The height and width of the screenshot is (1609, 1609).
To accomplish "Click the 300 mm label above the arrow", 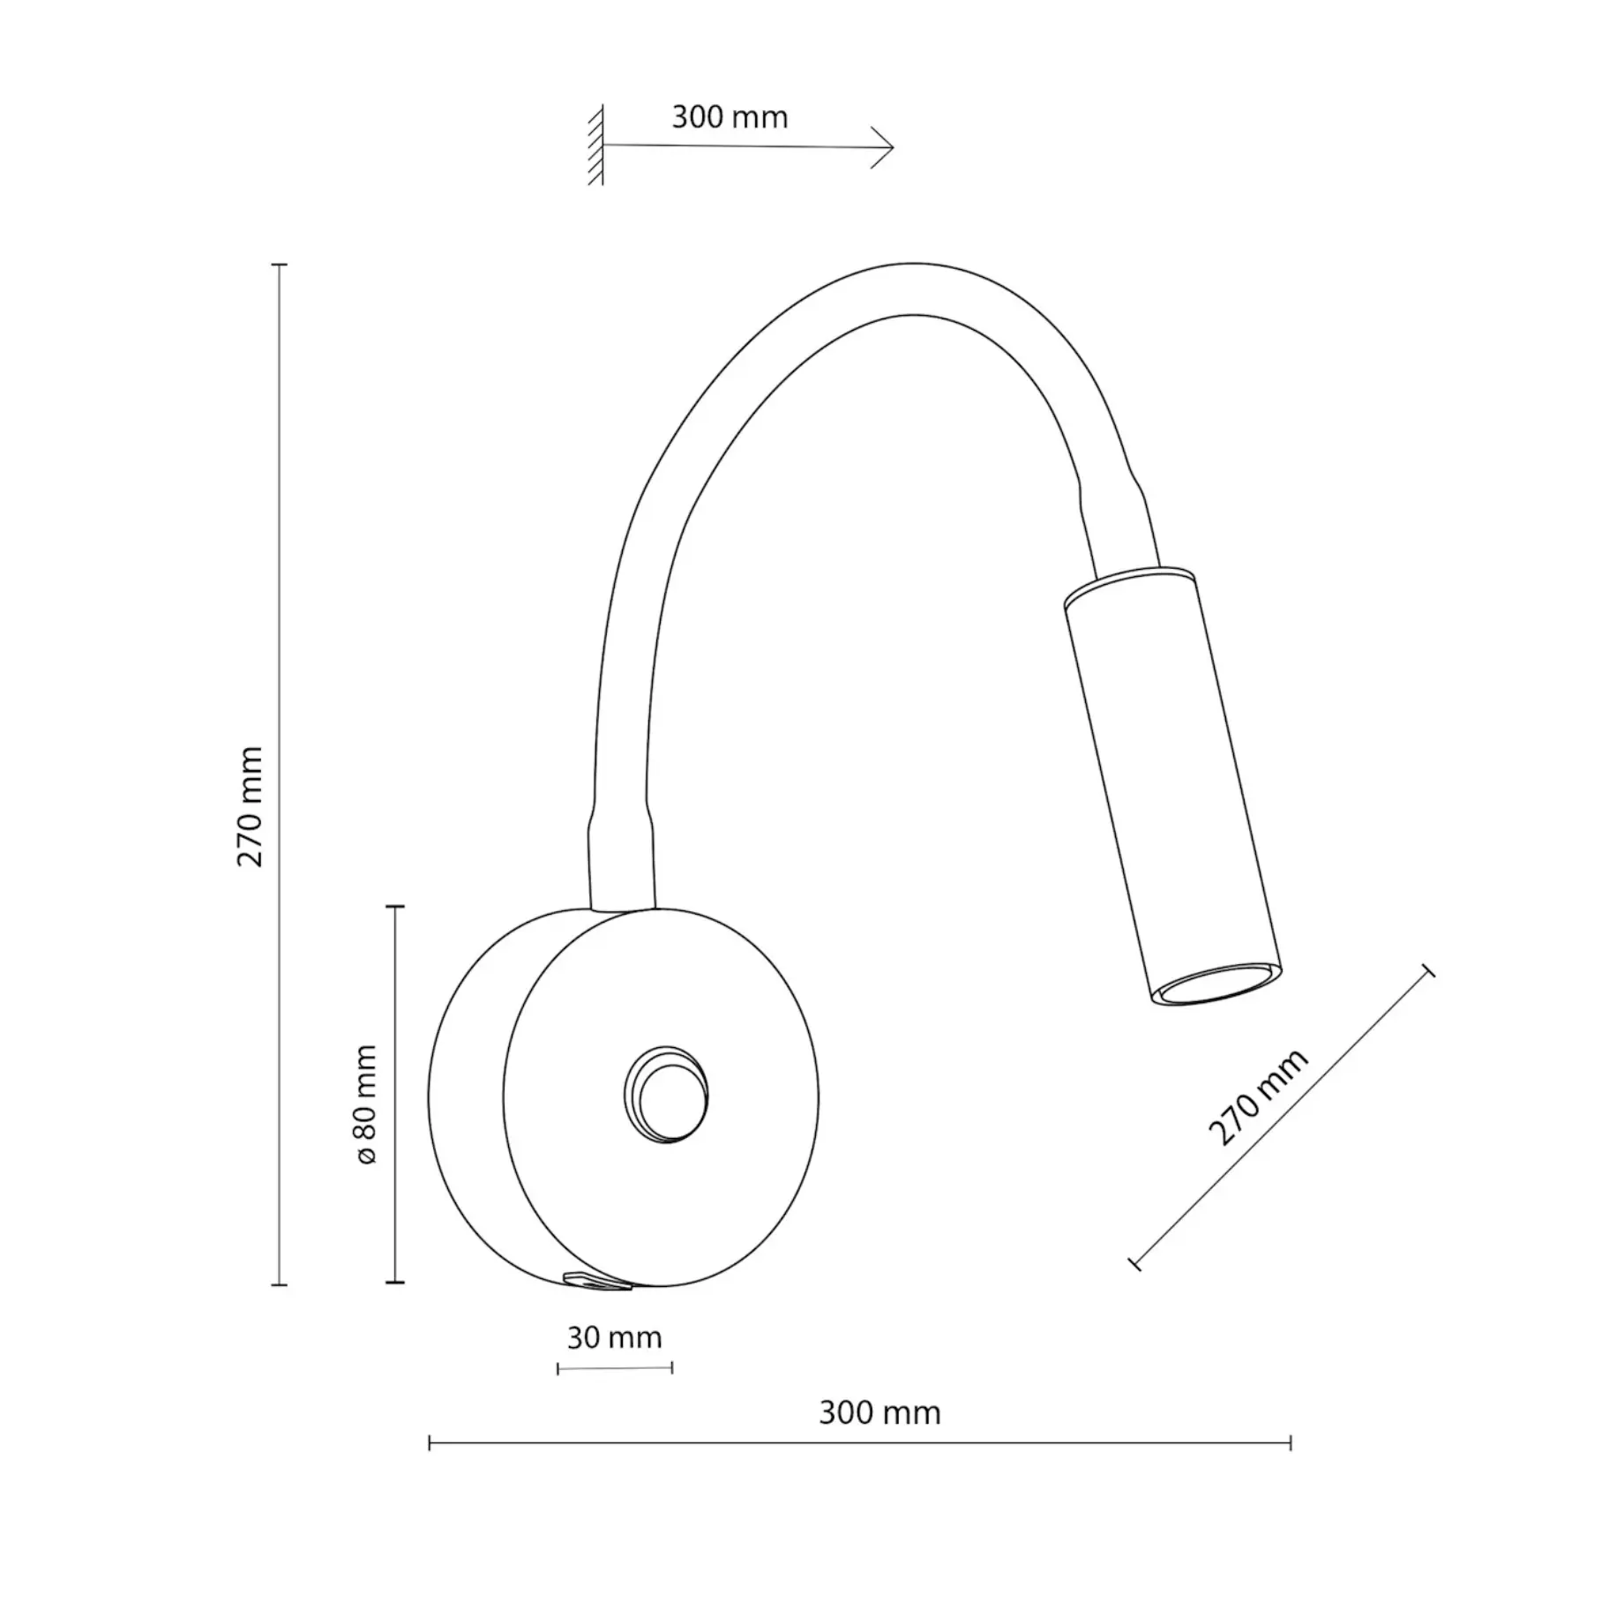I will point(730,117).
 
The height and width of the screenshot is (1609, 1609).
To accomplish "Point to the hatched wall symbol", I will point(596,145).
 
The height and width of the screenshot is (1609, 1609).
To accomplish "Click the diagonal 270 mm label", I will point(1258,1097).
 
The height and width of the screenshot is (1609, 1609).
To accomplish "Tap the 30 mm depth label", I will point(614,1337).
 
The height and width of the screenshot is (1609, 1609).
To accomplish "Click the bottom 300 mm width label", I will point(879,1412).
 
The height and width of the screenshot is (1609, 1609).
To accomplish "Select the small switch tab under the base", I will point(597,1282).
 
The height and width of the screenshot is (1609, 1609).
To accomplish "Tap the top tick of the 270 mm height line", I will point(280,265).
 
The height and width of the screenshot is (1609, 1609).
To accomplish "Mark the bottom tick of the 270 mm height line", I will point(280,1284).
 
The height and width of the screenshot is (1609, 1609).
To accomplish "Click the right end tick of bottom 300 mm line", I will point(1291,1443).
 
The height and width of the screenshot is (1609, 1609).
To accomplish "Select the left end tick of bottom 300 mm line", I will point(430,1443).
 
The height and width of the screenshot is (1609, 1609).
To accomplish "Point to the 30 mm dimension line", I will point(615,1368).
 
